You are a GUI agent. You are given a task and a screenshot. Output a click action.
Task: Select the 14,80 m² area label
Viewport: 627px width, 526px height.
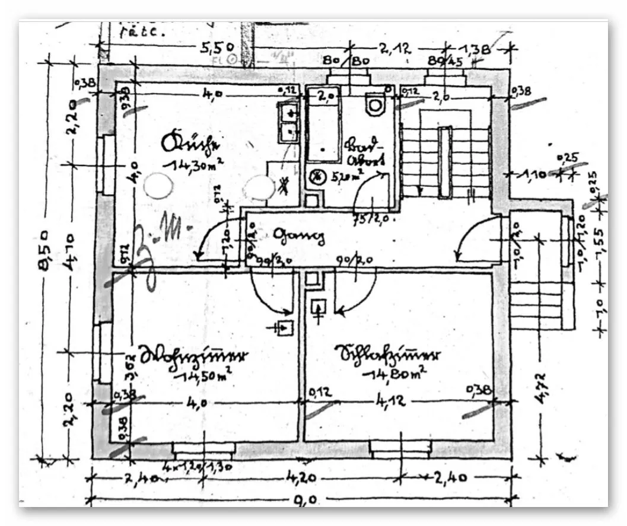396,373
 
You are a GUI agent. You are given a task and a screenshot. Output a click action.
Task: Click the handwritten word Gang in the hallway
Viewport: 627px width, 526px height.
299,237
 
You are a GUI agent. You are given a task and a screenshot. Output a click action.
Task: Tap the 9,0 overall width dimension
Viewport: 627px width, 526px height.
304,499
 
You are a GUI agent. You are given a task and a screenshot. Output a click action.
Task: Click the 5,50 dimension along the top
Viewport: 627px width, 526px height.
218,47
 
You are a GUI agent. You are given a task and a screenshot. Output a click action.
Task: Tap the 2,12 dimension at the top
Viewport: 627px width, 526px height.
395,50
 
